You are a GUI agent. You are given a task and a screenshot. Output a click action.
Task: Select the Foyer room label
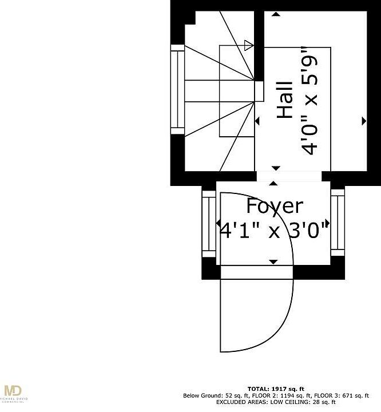point(275,206)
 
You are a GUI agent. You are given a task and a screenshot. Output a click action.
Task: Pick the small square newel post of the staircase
point(259,90)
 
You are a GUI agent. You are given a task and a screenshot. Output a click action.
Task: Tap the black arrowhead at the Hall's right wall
point(364,121)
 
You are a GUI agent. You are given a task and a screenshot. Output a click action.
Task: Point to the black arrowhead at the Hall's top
point(276,168)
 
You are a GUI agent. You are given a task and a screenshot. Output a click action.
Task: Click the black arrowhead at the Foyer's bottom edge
point(273,262)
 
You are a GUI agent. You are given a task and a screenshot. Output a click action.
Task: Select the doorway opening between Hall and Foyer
point(293,176)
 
